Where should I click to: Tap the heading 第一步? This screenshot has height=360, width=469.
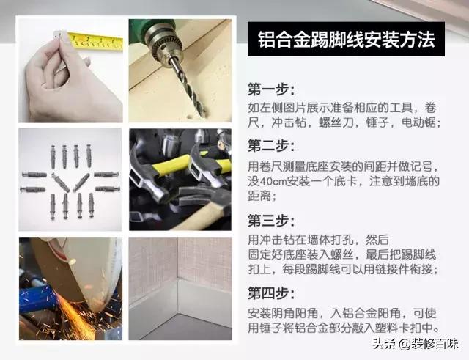tap(271, 90)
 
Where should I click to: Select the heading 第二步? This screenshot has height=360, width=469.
tap(271, 145)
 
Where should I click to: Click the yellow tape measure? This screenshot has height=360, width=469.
tap(95, 41)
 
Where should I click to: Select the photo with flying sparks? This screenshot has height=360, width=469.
tap(70, 288)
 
